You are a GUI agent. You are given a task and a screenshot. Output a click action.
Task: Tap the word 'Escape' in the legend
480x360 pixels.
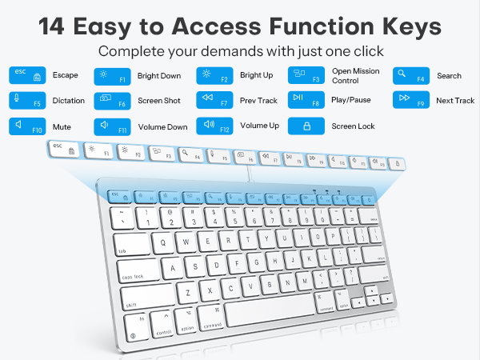point(65,76)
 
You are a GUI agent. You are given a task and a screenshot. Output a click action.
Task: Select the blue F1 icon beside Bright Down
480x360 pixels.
point(112,76)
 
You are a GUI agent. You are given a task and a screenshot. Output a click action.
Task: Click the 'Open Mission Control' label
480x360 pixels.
point(356,76)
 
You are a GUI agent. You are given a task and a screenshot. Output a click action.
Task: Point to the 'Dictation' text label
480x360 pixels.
point(70,101)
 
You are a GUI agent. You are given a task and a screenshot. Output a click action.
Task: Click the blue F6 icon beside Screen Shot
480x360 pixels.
point(112,101)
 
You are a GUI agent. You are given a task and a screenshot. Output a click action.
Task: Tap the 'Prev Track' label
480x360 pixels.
point(258,101)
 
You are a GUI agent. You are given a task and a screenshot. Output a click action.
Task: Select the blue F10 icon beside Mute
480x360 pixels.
point(26,126)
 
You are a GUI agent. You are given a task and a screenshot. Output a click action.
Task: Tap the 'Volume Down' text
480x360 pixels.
point(162,126)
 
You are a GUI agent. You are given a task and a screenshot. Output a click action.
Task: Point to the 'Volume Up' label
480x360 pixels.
point(259,126)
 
